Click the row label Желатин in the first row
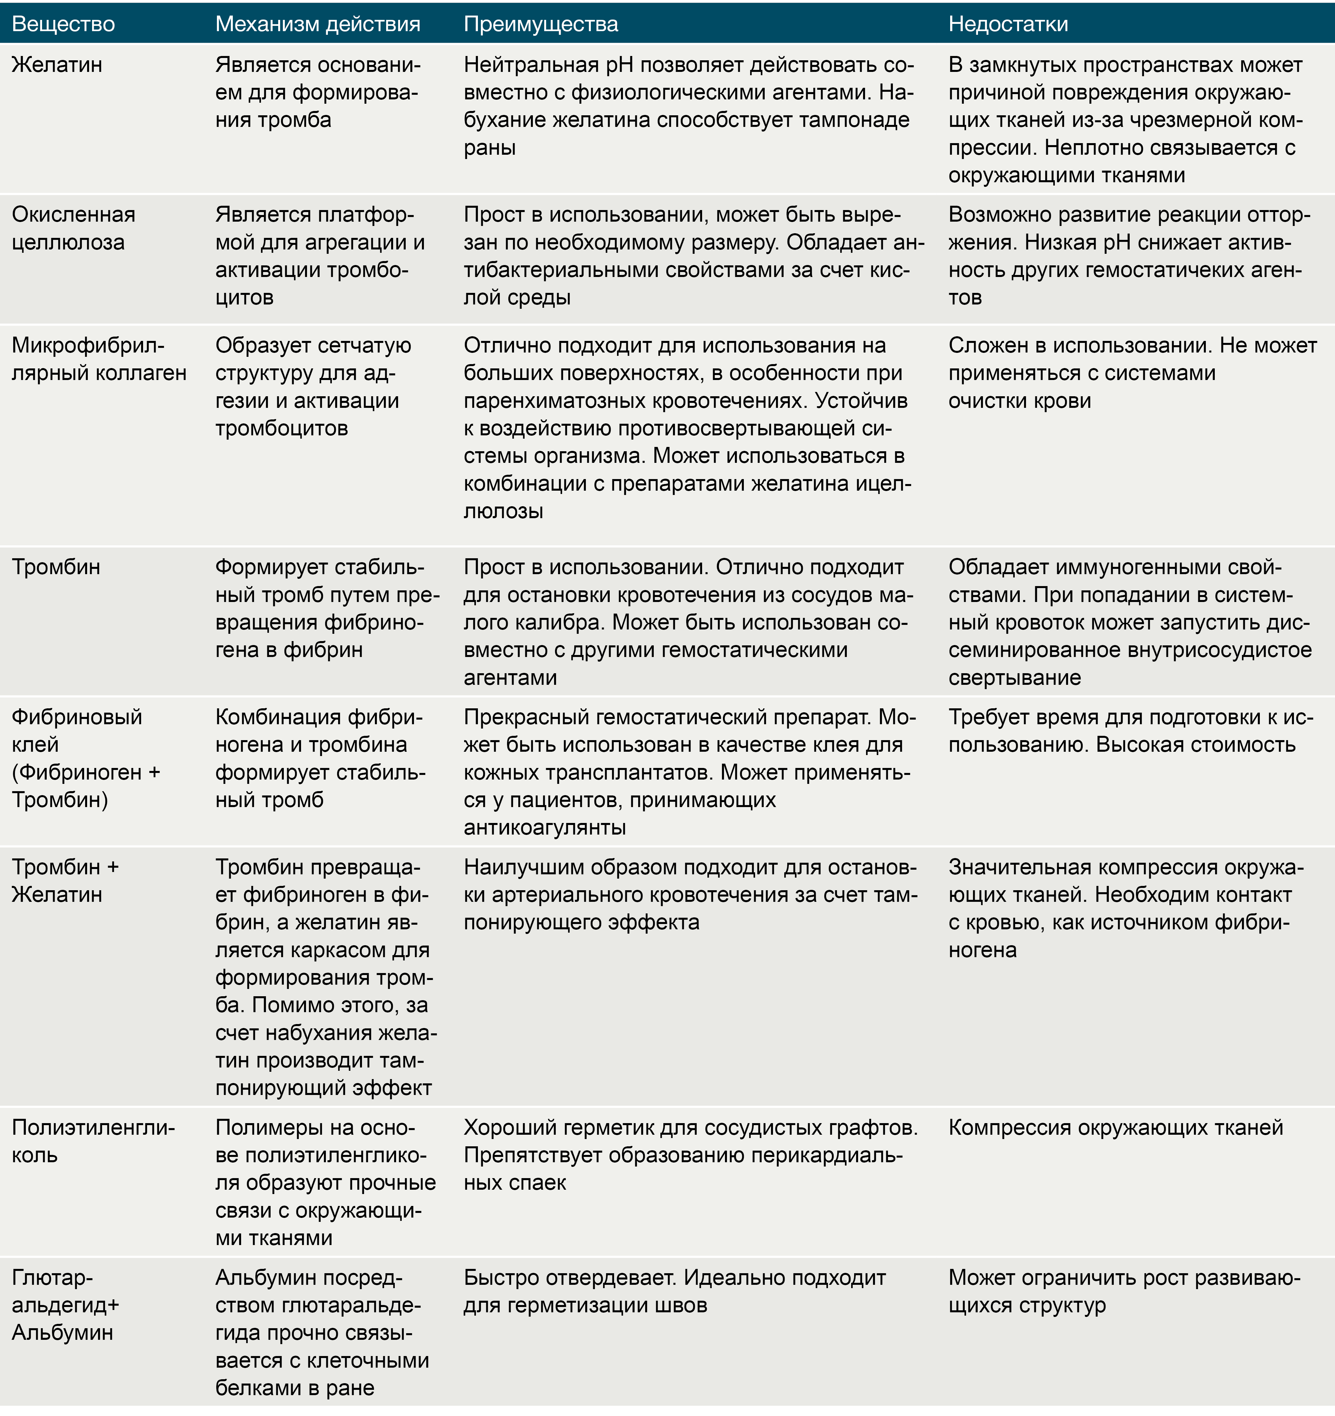(57, 65)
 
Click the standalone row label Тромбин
(56, 567)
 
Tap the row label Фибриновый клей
(77, 730)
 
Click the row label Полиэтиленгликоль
(92, 1141)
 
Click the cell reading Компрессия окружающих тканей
(1115, 1127)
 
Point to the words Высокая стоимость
(1197, 744)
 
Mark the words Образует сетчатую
(313, 346)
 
